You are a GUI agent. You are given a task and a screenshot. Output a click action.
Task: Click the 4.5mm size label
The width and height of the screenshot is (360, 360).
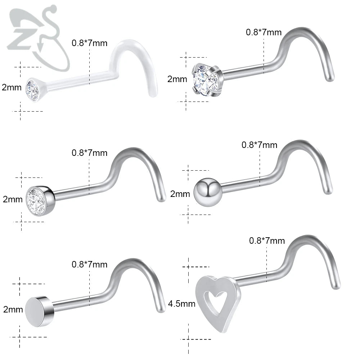coord(182,304)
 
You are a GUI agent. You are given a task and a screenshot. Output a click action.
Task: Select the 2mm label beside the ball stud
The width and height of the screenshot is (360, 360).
coord(180,194)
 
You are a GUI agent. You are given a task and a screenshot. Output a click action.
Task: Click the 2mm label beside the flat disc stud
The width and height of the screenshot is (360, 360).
coord(13,309)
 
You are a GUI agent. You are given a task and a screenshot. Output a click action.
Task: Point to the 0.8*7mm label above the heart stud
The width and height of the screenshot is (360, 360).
coord(267,240)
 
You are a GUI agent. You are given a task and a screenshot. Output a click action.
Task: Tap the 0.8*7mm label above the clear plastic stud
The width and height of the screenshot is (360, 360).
coord(89,44)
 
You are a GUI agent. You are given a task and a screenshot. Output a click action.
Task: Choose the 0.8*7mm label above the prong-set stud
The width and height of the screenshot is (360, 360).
coord(264,32)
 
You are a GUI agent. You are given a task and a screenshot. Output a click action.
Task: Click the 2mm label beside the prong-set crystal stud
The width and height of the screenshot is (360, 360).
coord(177,79)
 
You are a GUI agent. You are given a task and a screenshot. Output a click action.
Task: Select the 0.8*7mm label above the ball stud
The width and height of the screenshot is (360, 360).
coord(259,145)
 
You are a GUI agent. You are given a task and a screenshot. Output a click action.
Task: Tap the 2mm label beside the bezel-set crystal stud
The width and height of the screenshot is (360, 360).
coord(13,199)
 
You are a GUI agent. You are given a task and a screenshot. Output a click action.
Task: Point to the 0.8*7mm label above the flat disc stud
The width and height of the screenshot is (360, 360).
coord(90,265)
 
